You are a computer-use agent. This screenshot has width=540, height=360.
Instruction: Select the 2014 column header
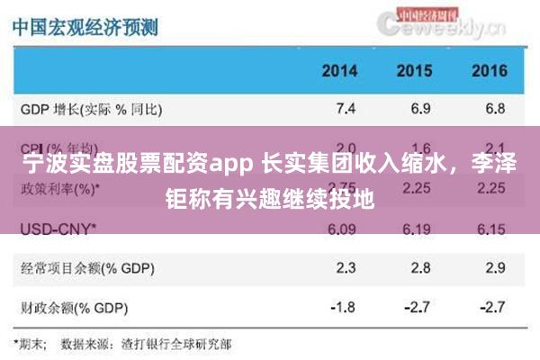pyautogui.click(x=339, y=71)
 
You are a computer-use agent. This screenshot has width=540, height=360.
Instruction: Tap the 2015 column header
pyautogui.click(x=414, y=71)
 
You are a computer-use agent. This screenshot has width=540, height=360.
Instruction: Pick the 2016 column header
pyautogui.click(x=489, y=71)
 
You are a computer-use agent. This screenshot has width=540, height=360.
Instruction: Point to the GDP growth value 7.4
pyautogui.click(x=346, y=110)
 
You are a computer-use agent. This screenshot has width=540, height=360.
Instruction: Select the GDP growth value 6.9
pyautogui.click(x=419, y=110)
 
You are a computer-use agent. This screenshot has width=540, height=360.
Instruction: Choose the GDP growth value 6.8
pyautogui.click(x=494, y=110)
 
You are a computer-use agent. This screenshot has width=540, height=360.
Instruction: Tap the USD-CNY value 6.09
pyautogui.click(x=345, y=229)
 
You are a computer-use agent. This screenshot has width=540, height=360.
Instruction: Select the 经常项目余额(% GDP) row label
pyautogui.click(x=83, y=267)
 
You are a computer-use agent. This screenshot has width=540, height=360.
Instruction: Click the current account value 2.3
pyautogui.click(x=346, y=267)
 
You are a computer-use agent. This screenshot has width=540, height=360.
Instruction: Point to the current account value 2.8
pyautogui.click(x=419, y=267)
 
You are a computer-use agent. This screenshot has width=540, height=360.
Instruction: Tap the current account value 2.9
pyautogui.click(x=494, y=267)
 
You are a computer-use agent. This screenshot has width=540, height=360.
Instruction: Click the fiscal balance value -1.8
pyautogui.click(x=343, y=307)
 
